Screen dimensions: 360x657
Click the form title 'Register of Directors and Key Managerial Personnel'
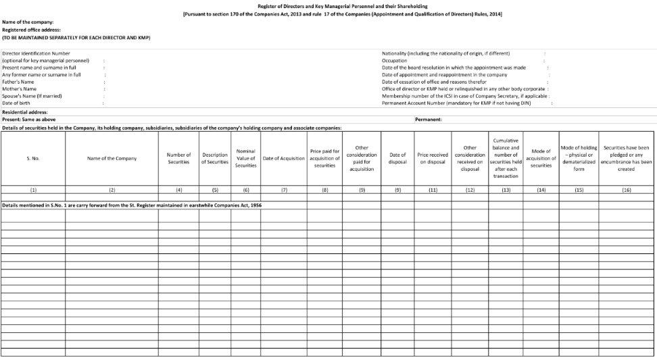tap(342, 6)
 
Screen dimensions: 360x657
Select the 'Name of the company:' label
tap(28, 22)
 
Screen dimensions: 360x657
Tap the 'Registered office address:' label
tap(31, 30)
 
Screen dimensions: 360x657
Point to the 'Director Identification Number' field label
tap(36, 53)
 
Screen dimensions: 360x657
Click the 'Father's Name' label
tap(18, 82)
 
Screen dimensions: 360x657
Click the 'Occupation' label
tap(394, 60)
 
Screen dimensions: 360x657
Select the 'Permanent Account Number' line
tap(456, 103)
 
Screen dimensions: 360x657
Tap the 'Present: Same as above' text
tap(29, 120)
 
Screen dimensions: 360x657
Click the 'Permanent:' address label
tap(429, 120)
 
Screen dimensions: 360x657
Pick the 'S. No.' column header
tap(33, 158)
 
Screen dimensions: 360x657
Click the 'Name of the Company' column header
tap(112, 158)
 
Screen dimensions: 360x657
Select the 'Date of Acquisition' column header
tap(284, 158)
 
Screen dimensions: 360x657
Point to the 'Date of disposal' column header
tap(397, 158)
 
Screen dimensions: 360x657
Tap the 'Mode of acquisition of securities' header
tap(541, 158)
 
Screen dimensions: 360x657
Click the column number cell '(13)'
tap(506, 190)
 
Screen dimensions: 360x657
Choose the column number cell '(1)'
tap(33, 190)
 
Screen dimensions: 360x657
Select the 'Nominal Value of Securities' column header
tap(245, 158)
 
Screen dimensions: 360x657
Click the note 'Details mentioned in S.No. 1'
tap(132, 205)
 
